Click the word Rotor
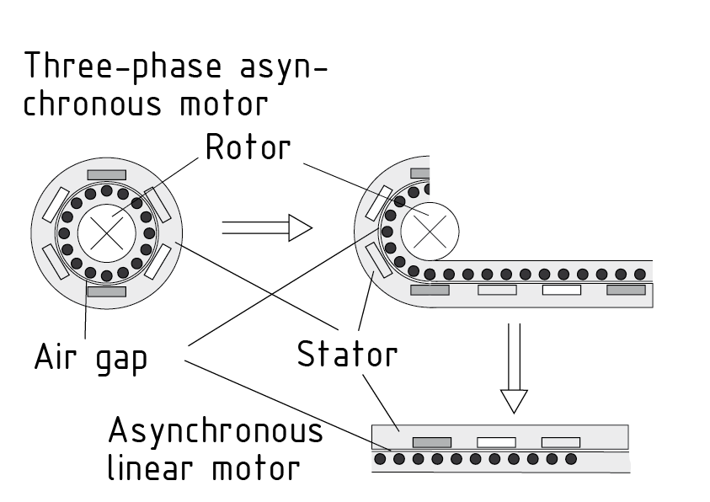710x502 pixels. tap(248, 148)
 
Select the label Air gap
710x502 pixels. tap(91, 357)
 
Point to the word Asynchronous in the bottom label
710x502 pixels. tap(216, 431)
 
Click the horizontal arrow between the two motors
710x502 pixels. tap(266, 227)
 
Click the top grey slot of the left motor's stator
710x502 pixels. tap(107, 175)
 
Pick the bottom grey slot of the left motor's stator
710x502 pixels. tap(107, 291)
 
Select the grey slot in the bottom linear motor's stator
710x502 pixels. tap(431, 441)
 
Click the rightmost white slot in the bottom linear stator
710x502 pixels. tap(560, 441)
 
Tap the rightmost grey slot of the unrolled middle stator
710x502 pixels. tap(626, 290)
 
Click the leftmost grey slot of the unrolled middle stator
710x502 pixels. tap(430, 290)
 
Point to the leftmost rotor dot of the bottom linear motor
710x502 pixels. tap(380, 459)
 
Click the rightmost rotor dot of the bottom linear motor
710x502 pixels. tap(571, 459)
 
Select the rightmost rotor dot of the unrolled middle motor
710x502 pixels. tap(640, 274)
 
